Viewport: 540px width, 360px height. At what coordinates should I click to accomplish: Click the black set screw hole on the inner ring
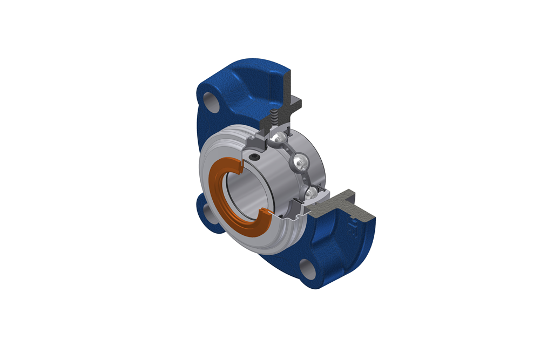(x=254, y=157)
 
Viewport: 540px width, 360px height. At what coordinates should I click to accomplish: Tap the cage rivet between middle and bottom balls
(x=307, y=176)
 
